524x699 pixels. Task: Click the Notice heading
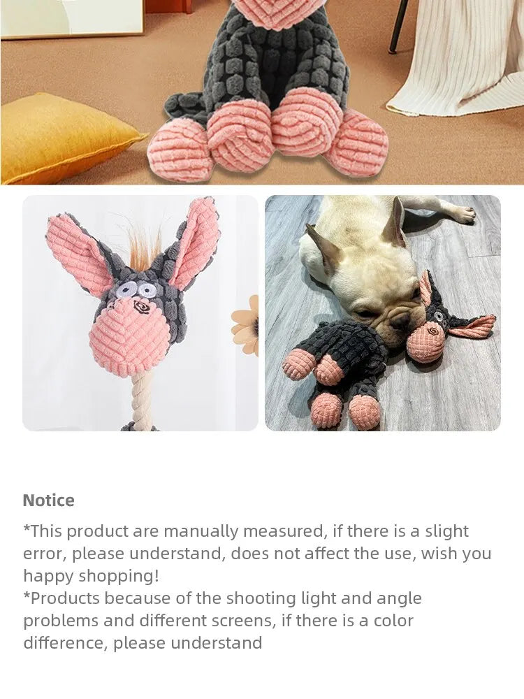click(48, 500)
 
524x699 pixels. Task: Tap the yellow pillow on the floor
click(63, 136)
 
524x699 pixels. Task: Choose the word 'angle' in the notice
click(399, 598)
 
